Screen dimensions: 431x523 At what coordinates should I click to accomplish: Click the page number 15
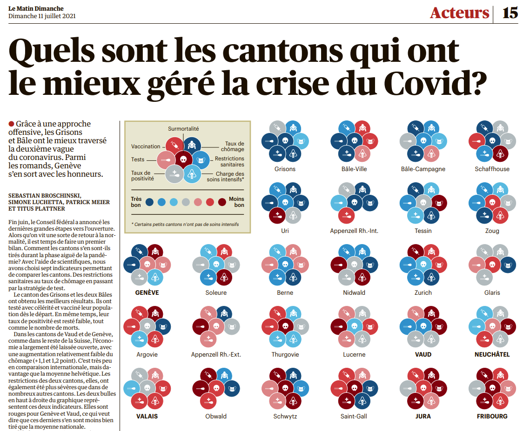(x=510, y=13)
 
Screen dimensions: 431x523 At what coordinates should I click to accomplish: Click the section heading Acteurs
(x=459, y=13)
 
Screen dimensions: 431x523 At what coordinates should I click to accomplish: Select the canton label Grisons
(x=285, y=169)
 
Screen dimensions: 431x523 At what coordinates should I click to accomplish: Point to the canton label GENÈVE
(x=147, y=292)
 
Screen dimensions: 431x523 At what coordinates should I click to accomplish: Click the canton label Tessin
(x=423, y=231)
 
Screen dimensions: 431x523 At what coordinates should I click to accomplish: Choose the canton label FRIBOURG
(x=492, y=416)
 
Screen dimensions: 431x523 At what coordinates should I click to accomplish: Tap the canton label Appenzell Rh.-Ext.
(x=216, y=354)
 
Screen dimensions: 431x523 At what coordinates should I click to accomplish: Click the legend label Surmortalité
(x=183, y=128)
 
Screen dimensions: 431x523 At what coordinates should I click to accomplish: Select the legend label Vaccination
(x=146, y=147)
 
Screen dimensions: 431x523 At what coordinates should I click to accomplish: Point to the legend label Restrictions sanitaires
(x=229, y=161)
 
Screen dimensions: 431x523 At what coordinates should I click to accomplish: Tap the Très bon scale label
(x=136, y=202)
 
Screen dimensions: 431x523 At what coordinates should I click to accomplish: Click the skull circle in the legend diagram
(x=183, y=159)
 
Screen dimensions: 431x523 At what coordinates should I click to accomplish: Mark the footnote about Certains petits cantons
(x=185, y=224)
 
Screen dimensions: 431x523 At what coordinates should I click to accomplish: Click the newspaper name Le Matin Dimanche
(x=36, y=8)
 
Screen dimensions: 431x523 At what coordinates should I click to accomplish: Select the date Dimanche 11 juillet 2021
(x=42, y=16)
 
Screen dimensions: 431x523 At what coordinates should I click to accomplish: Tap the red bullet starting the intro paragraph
(x=11, y=124)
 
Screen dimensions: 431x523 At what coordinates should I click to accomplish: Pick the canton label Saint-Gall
(x=354, y=416)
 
